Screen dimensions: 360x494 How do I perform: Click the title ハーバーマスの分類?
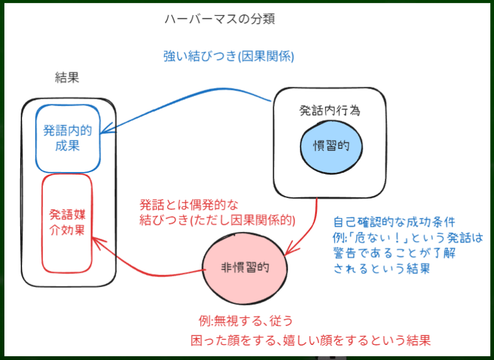point(219,19)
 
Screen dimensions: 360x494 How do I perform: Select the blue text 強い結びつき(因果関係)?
point(228,56)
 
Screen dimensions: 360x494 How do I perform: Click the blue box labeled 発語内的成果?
point(68,138)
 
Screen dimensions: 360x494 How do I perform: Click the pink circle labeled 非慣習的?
point(245,267)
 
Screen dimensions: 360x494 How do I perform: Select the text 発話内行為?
point(330,110)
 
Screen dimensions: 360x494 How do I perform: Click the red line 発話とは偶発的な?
point(189,205)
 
